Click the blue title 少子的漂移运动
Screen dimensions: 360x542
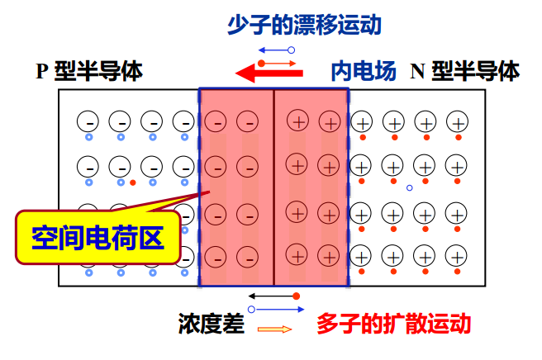click(x=304, y=26)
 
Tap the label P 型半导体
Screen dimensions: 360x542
click(x=89, y=72)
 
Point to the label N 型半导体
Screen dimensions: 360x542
click(x=465, y=72)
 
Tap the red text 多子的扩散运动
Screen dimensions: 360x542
click(x=393, y=323)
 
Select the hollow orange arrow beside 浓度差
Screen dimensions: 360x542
click(x=275, y=329)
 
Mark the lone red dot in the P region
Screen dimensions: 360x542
click(x=132, y=182)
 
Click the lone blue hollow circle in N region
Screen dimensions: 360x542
click(x=408, y=187)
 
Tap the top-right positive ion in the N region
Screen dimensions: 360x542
click(x=455, y=122)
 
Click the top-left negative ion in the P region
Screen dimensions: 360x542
click(x=88, y=122)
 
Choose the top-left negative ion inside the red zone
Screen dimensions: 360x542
click(x=215, y=122)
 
